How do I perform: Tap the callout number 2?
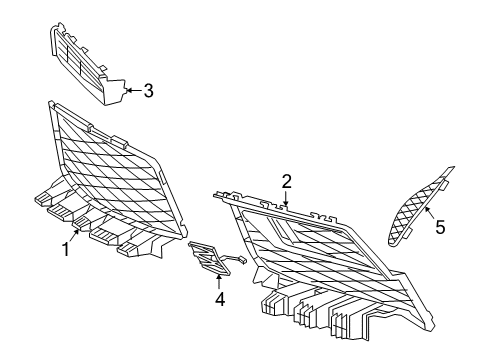pyautogui.click(x=287, y=181)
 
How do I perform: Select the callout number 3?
pyautogui.click(x=148, y=92)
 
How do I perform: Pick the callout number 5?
pyautogui.click(x=439, y=227)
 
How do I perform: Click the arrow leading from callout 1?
pyautogui.click(x=76, y=236)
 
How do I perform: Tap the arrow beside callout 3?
pyautogui.click(x=133, y=92)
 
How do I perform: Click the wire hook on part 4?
pyautogui.click(x=240, y=259)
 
